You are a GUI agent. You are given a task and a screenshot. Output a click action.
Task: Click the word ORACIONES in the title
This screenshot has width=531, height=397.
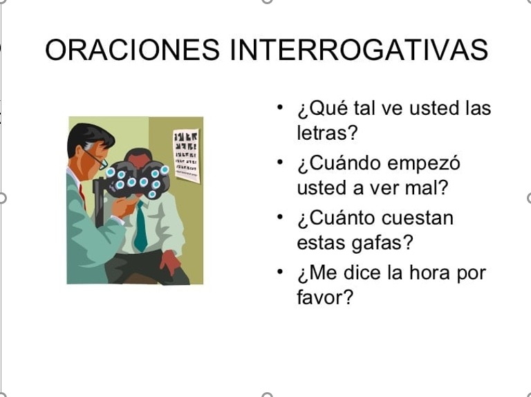pyautogui.click(x=133, y=50)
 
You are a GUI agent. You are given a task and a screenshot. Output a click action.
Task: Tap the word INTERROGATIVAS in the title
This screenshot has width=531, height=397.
pyautogui.click(x=359, y=50)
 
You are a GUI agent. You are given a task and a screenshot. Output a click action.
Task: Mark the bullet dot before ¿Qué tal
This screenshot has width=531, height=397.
pyautogui.click(x=280, y=107)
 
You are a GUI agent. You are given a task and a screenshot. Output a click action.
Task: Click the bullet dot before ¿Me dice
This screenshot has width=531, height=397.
pyautogui.click(x=280, y=272)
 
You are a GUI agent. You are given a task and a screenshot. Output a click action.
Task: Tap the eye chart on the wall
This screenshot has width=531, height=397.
pyautogui.click(x=186, y=156)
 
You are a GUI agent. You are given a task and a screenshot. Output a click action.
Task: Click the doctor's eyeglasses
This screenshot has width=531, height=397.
pyautogui.click(x=96, y=159)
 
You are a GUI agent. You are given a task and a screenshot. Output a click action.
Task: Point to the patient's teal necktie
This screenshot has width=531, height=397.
pyautogui.click(x=140, y=226)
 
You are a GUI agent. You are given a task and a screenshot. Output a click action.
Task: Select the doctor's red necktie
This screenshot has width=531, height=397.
pyautogui.click(x=82, y=197)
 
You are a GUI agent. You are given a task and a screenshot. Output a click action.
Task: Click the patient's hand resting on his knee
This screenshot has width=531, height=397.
pyautogui.click(x=170, y=262)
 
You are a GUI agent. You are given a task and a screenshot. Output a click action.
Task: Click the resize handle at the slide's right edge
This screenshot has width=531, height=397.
pyautogui.click(x=529, y=198)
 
